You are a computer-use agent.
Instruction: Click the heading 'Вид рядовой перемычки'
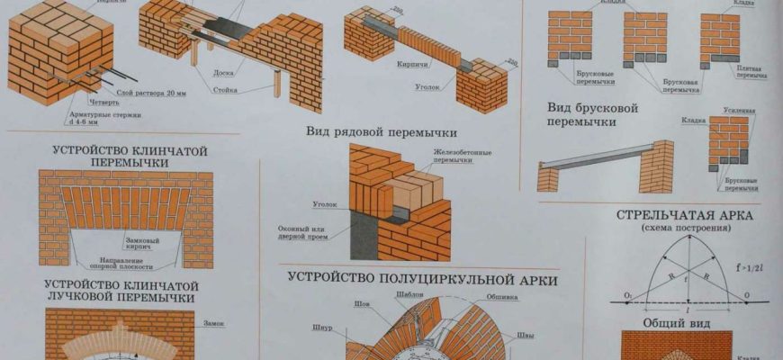(x=382, y=131)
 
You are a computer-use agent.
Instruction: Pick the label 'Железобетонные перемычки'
(x=462, y=157)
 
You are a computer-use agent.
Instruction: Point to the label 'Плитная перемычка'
(x=752, y=72)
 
